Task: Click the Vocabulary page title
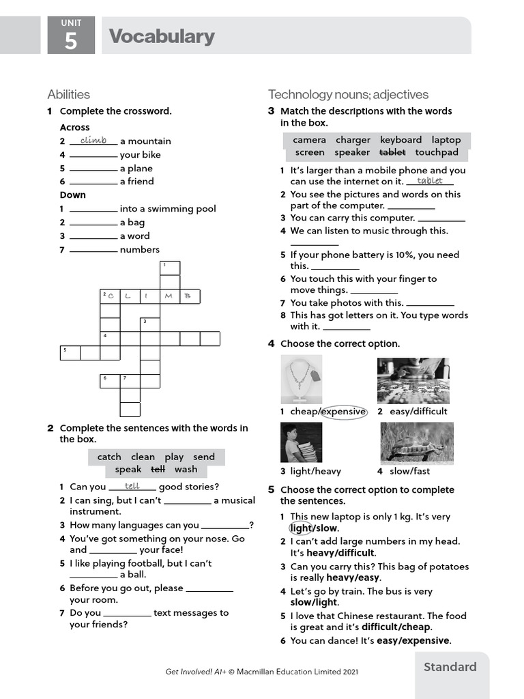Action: pos(162,36)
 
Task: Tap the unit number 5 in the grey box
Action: pos(71,42)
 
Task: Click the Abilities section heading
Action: pos(68,94)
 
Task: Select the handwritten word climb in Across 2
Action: pos(93,140)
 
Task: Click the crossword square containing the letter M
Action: pos(169,296)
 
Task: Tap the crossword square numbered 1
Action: pos(170,268)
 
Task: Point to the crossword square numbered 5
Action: pos(70,352)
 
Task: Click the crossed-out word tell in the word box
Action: pos(158,469)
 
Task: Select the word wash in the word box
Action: pos(186,469)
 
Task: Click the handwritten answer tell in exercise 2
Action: pos(132,486)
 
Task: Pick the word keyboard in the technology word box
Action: pos(401,139)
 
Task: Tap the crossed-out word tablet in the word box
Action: pos(392,152)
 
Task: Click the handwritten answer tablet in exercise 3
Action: pos(430,180)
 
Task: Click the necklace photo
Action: pos(301,380)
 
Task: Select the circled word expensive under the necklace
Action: pos(343,412)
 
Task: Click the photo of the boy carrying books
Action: pos(301,442)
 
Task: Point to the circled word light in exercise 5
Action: pos(300,528)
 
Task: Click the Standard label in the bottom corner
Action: pos(450,667)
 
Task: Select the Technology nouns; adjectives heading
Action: pos(348,94)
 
